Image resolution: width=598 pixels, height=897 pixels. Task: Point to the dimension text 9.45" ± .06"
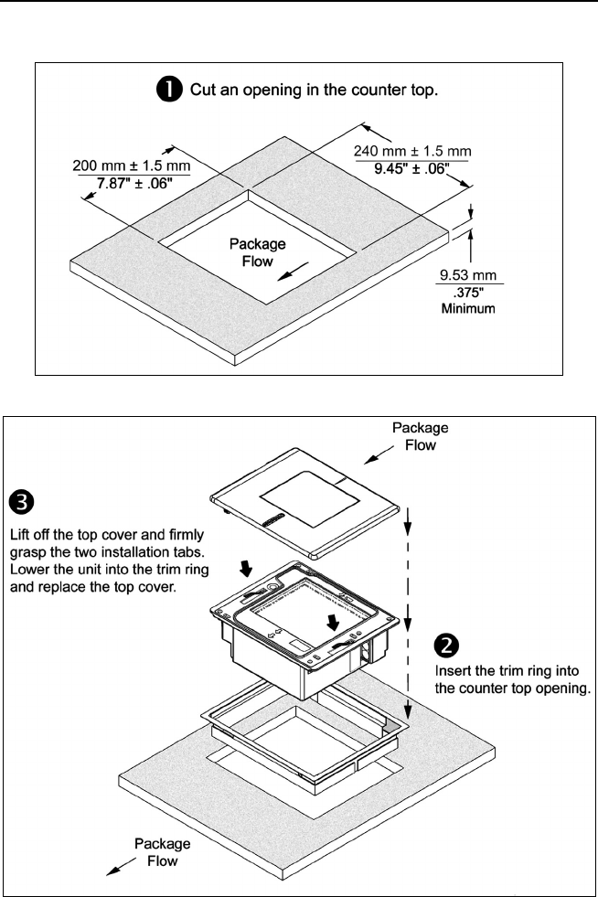click(x=411, y=167)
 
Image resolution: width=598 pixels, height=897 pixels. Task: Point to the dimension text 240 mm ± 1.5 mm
click(x=411, y=150)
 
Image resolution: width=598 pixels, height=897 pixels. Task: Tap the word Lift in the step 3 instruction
click(x=20, y=533)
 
